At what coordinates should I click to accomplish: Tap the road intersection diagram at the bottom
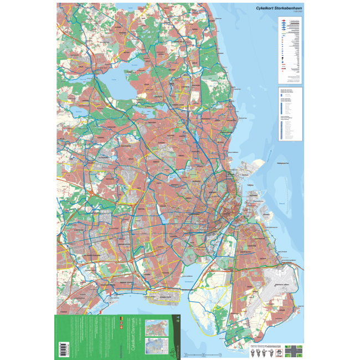[x=295, y=350]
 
